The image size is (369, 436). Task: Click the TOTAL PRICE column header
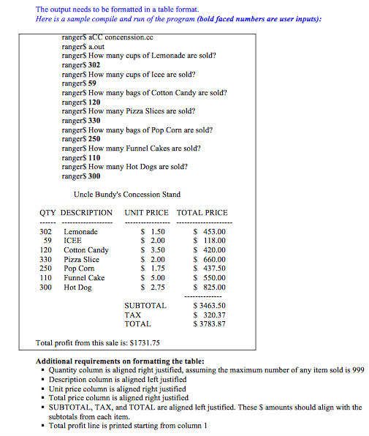point(202,213)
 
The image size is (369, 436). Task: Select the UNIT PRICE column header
point(146,213)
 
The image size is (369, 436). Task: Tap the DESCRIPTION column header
point(86,213)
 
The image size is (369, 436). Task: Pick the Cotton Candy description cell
point(86,250)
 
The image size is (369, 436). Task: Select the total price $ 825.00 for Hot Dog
point(210,287)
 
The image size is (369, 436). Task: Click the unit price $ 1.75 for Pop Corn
point(152,268)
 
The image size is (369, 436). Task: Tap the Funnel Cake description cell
point(84,278)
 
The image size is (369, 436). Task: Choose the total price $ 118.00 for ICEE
point(210,241)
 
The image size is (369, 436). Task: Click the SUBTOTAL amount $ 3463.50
point(210,306)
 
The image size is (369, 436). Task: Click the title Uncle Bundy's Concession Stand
point(127,195)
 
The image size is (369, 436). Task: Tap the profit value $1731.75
point(144,342)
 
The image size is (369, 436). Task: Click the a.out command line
point(76,46)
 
